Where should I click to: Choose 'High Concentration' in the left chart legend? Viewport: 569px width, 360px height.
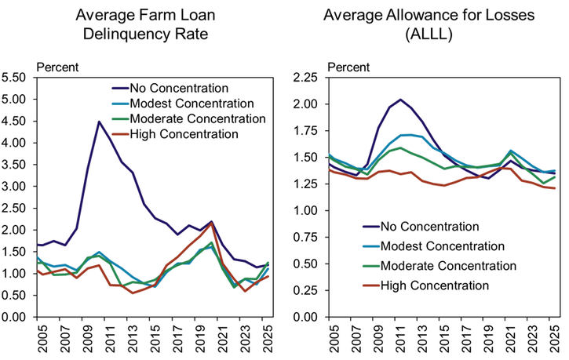185,134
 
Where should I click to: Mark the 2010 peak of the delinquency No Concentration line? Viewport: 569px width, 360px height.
99,122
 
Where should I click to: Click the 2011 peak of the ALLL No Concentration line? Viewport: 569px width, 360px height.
401,100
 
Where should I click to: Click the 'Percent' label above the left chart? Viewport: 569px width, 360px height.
58,66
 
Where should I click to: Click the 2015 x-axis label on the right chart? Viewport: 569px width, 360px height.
445,339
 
